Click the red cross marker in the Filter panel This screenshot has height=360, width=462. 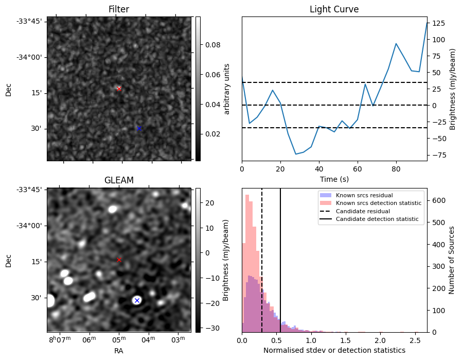pyautogui.click(x=119, y=89)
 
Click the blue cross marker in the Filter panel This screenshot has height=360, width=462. pyautogui.click(x=139, y=128)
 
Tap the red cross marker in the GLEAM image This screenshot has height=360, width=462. pyautogui.click(x=119, y=260)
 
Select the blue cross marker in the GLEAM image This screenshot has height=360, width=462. pyautogui.click(x=137, y=300)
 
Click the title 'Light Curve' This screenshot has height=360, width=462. pyautogui.click(x=334, y=9)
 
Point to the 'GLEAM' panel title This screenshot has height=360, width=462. pyautogui.click(x=119, y=180)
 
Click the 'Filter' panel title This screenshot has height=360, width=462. pyautogui.click(x=119, y=9)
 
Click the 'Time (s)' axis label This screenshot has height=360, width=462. pyautogui.click(x=334, y=178)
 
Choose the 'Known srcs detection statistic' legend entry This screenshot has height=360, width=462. pyautogui.click(x=378, y=203)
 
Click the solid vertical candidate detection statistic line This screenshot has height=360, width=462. pyautogui.click(x=280, y=258)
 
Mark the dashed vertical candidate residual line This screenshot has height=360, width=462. pyautogui.click(x=262, y=258)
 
